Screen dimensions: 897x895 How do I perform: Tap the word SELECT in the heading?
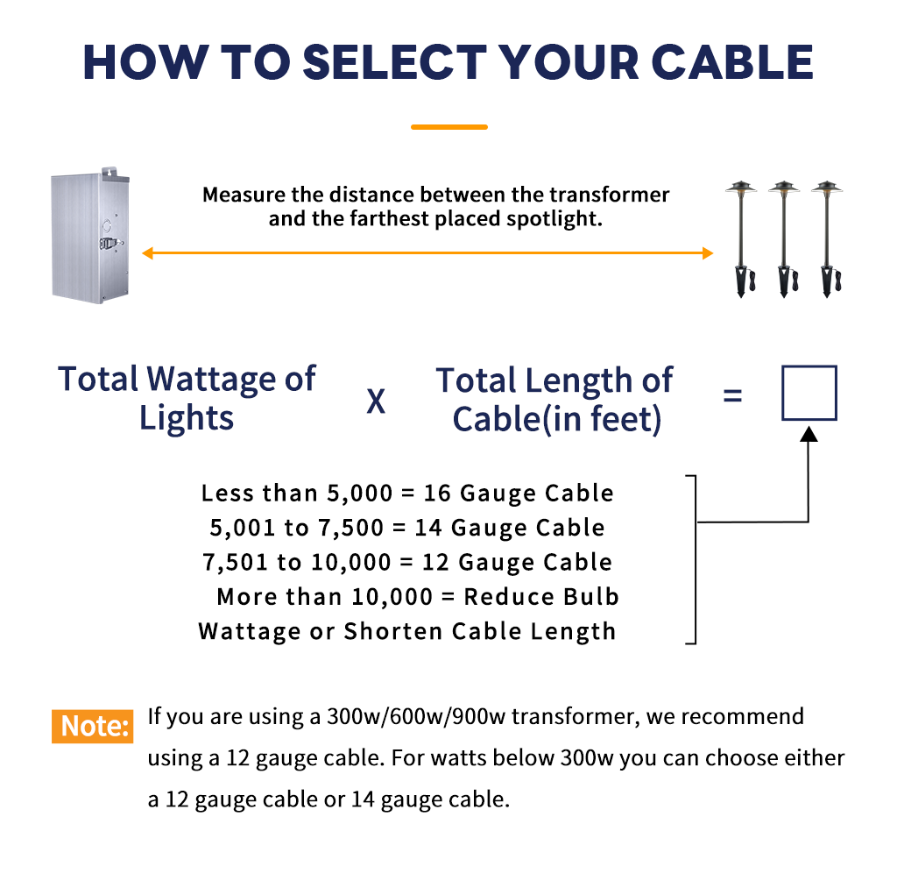coord(393,62)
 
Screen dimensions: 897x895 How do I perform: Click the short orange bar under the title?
coord(449,127)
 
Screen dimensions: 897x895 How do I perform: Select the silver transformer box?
coord(90,235)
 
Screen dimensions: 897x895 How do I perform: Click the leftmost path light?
coord(741,238)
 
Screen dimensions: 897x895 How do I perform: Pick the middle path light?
coord(784,238)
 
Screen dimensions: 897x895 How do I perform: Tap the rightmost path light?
coord(827,238)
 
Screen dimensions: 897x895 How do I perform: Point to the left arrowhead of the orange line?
coord(147,253)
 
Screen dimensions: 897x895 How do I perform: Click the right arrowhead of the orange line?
coord(708,253)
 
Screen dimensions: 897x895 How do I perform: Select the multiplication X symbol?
coord(376,401)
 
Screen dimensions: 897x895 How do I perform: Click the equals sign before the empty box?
coord(733,395)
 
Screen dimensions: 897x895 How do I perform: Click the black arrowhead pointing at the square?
coord(809,434)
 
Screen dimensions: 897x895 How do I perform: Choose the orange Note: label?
coord(93,726)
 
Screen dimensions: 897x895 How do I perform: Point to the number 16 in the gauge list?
coord(437,494)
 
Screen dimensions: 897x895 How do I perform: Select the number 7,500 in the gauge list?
coord(350,528)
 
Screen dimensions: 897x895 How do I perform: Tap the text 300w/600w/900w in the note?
coord(416,717)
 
